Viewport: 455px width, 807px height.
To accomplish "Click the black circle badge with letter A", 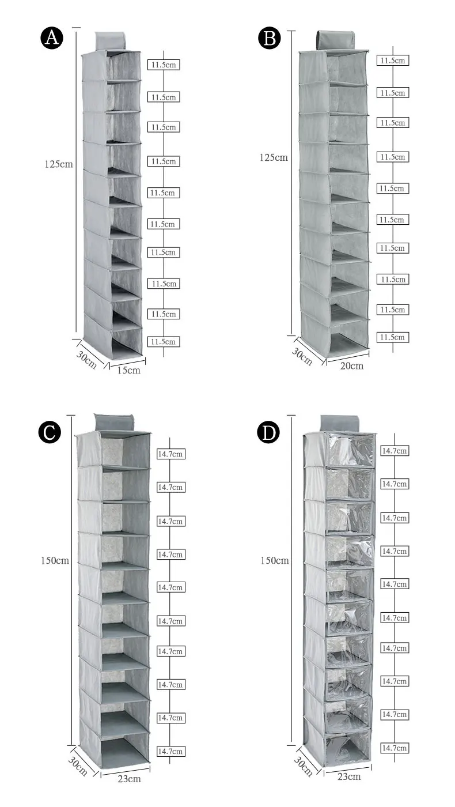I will (x=51, y=39).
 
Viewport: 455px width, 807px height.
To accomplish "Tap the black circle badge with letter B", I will (x=270, y=39).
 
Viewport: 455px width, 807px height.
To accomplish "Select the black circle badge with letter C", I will (x=50, y=432).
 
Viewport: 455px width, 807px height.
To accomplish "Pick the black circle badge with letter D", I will (x=268, y=432).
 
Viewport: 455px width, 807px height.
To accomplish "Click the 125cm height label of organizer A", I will (x=59, y=164).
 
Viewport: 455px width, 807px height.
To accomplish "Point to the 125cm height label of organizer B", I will (x=274, y=157).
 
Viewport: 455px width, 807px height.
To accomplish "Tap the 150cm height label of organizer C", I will (x=55, y=560).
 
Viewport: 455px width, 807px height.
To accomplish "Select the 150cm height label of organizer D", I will (x=274, y=560).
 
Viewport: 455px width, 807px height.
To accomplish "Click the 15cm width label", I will (x=128, y=370).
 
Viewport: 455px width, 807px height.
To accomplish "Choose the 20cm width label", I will (x=352, y=365).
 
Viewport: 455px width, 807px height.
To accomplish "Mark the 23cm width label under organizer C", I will (x=128, y=779).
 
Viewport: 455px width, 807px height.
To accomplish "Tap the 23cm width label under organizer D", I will (x=349, y=776).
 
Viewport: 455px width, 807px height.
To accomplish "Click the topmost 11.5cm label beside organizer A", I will (x=164, y=65).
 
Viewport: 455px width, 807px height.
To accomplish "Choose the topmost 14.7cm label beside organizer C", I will (x=171, y=454).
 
